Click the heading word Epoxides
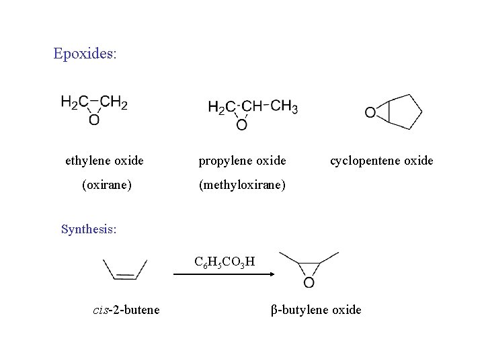tap(84, 53)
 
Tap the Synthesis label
tap(88, 229)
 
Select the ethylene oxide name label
tap(104, 161)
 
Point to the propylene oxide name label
tap(242, 161)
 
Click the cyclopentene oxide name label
tap(381, 161)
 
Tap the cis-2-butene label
tap(126, 309)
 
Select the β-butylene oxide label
tap(316, 309)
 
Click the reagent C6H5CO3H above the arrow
tap(224, 261)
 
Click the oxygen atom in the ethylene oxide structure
tap(94, 120)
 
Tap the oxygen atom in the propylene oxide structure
tap(241, 124)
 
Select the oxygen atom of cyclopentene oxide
tap(370, 113)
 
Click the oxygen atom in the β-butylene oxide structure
tap(309, 282)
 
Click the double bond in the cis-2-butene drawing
tap(125, 276)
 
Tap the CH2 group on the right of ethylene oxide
tap(115, 103)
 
